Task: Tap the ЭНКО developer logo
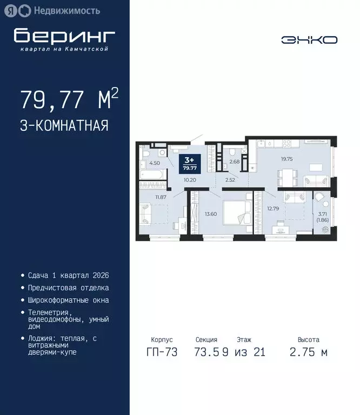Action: (x=309, y=39)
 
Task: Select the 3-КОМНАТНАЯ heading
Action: (x=64, y=126)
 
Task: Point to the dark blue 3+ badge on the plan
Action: (x=190, y=163)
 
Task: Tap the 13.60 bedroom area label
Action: (x=211, y=213)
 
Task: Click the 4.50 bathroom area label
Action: (x=155, y=163)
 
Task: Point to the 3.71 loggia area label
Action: (x=323, y=215)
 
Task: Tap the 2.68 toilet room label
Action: (x=234, y=161)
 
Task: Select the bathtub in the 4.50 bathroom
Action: (x=154, y=176)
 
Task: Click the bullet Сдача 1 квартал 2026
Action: (x=64, y=276)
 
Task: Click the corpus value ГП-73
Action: (x=162, y=353)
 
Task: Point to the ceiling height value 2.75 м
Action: (x=308, y=353)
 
